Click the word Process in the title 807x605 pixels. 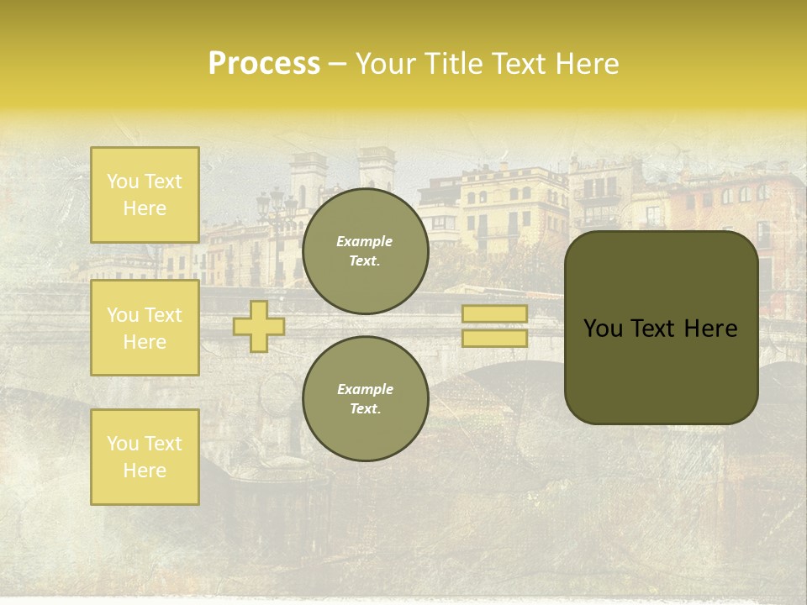264,64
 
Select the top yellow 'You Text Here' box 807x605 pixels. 145,195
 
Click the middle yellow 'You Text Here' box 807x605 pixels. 145,328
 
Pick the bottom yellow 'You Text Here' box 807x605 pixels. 145,457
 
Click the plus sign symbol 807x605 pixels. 259,326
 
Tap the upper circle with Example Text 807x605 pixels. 365,251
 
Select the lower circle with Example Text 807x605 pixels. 365,399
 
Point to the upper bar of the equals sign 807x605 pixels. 495,314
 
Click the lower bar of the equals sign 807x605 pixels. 495,338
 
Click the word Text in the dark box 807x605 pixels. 657,329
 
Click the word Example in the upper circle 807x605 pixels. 365,241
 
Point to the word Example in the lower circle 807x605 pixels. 365,389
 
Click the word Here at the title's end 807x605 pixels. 588,64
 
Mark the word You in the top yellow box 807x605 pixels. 123,181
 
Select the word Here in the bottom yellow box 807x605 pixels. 145,471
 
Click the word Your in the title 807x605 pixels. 383,64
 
